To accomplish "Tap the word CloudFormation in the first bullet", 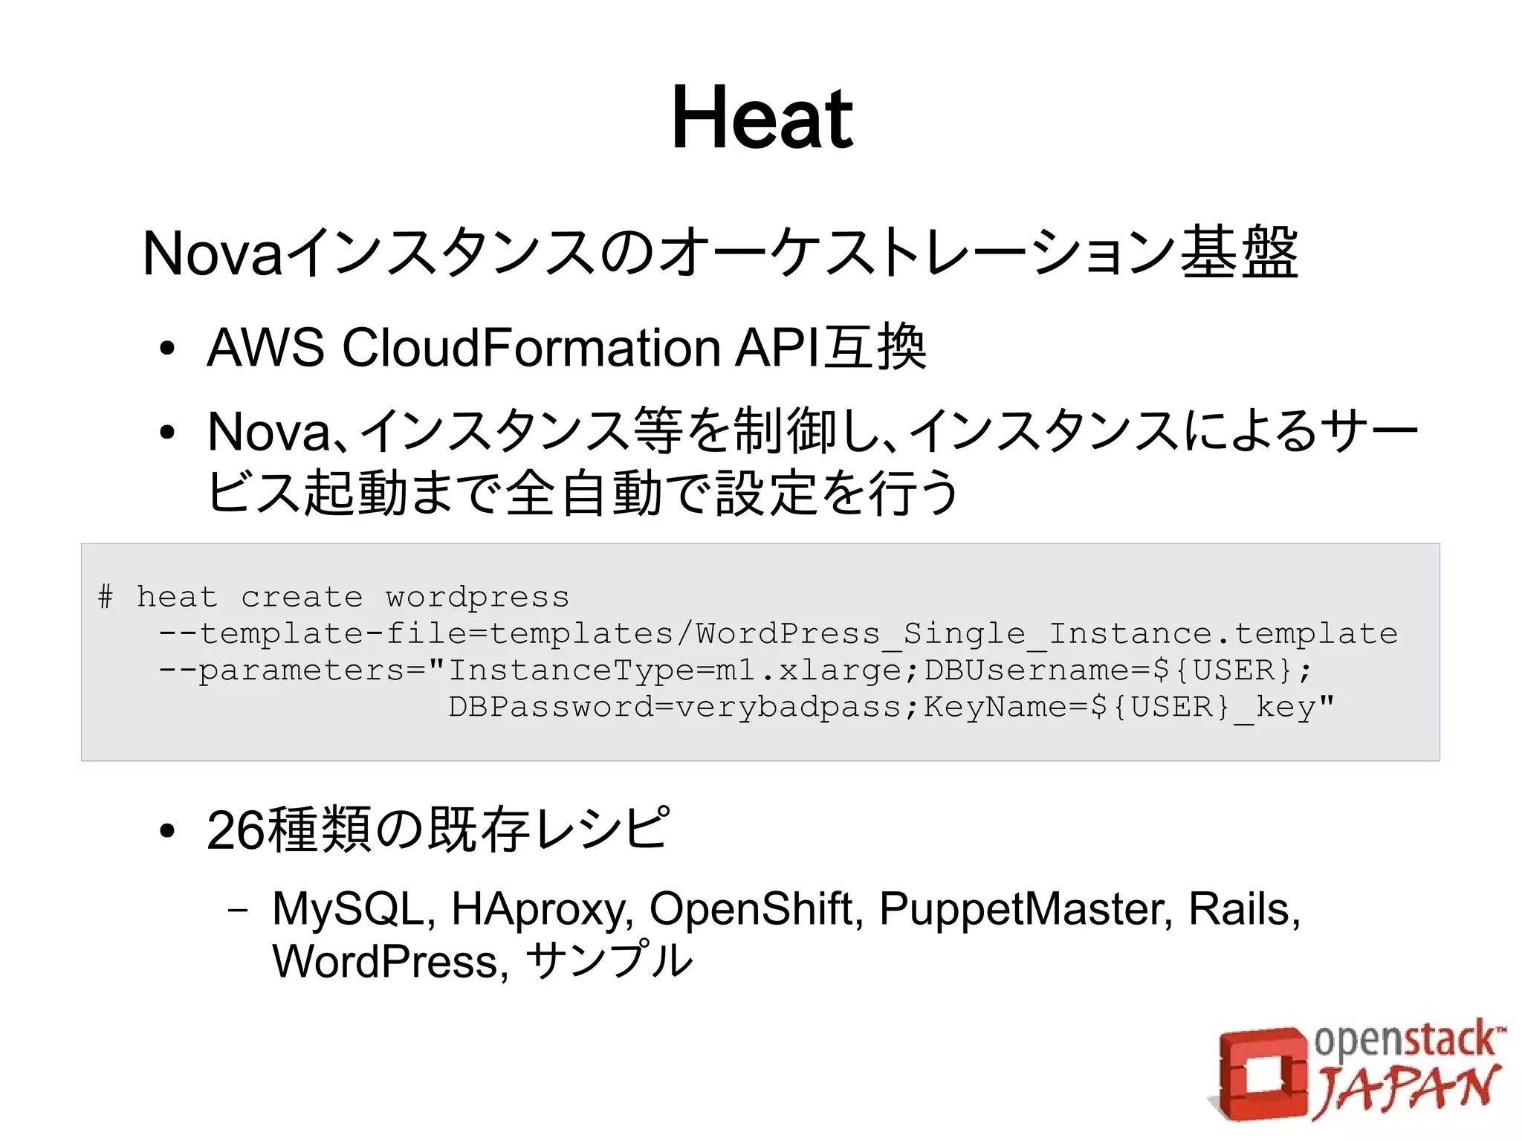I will [x=531, y=348].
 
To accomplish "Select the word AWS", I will [x=265, y=348].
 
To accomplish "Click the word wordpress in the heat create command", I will [x=477, y=598].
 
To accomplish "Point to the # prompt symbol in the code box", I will [x=106, y=597].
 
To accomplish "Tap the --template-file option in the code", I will [x=312, y=634].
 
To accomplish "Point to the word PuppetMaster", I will [x=1025, y=909].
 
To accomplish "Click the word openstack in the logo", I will [x=1405, y=1041].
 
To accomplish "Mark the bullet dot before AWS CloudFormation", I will [x=167, y=349].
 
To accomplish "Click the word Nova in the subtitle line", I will [x=213, y=253].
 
